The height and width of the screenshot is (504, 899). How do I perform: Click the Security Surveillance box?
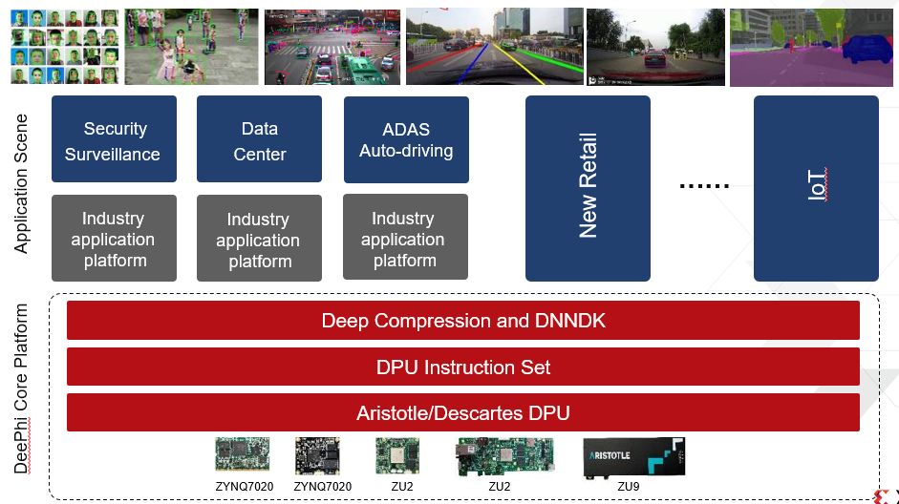(x=115, y=139)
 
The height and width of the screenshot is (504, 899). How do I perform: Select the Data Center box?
(x=258, y=139)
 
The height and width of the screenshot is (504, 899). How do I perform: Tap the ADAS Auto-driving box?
(x=406, y=139)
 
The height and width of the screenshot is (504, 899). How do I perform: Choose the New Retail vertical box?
(x=588, y=188)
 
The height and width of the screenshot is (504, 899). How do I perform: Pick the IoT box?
(x=815, y=188)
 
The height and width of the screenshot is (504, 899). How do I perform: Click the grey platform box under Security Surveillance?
(x=115, y=239)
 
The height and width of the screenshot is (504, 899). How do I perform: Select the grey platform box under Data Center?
(x=258, y=240)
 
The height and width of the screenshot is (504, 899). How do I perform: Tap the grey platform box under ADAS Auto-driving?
(x=405, y=239)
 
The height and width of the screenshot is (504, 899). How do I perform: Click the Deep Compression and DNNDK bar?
(x=463, y=321)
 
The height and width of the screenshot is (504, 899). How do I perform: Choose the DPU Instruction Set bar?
(x=463, y=367)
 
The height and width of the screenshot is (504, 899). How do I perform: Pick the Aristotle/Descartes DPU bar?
(x=463, y=412)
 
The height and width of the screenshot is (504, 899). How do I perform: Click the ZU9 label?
(x=629, y=486)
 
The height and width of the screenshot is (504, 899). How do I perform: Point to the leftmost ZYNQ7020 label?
(x=244, y=487)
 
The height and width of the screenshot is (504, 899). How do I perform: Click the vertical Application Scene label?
(x=22, y=184)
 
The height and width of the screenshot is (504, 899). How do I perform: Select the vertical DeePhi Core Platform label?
(x=21, y=389)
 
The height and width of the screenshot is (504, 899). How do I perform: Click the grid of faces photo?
(x=64, y=48)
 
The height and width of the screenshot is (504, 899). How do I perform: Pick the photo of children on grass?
(x=191, y=48)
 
